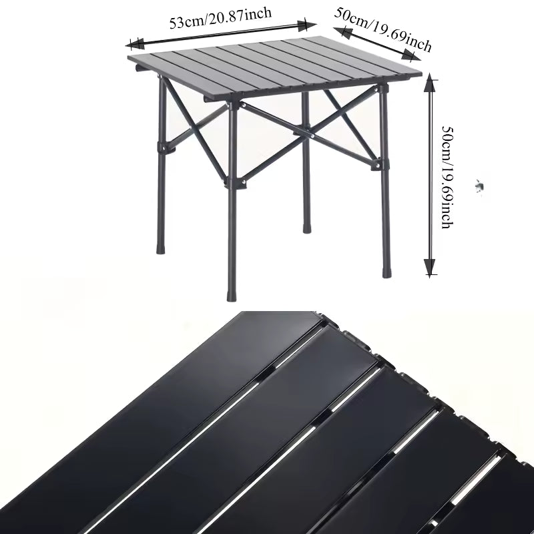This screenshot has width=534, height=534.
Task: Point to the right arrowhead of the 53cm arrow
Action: click(310, 26)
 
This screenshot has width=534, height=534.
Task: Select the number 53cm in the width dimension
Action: click(184, 22)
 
